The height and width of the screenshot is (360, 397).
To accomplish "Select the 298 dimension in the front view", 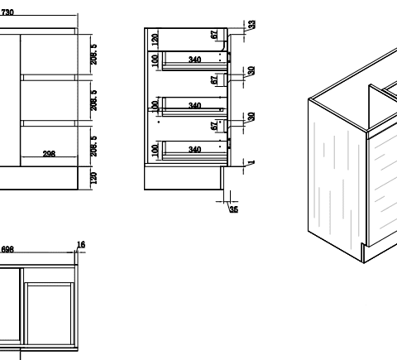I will coord(50,154).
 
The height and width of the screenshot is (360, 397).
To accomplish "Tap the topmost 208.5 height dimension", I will coord(94,54).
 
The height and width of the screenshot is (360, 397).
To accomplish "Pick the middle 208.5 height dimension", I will coord(94,100).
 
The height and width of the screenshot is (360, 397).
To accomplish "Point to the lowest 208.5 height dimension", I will coord(94,145).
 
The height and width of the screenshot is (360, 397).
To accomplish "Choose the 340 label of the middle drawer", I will coord(195,106).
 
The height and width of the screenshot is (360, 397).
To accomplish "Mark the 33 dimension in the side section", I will coord(251,24).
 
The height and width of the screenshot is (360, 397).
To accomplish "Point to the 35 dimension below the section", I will coord(234,210).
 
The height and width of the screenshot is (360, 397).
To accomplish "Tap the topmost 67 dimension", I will coord(213,35).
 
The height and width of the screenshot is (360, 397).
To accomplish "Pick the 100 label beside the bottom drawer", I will coord(155,150).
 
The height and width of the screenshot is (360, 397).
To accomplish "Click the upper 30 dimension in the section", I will coord(251,70).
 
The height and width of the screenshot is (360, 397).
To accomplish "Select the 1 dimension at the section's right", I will coord(251,161).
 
